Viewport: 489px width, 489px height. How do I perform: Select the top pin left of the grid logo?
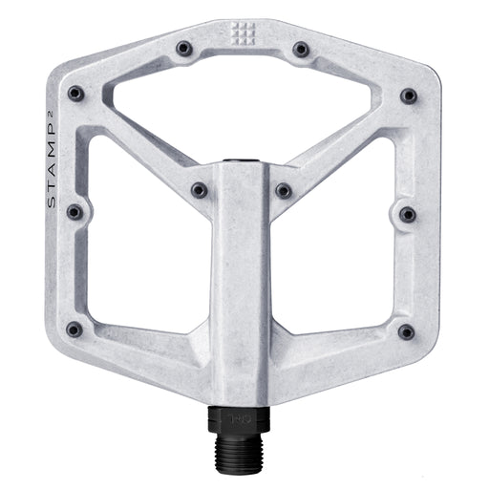[184, 48]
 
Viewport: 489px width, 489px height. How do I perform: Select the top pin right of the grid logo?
[301, 48]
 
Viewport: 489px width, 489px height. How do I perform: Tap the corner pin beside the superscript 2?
[75, 94]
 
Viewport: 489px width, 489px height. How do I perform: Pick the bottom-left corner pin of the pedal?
[74, 330]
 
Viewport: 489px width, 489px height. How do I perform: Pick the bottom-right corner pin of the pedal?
[406, 330]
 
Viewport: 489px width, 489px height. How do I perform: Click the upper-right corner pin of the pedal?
[408, 96]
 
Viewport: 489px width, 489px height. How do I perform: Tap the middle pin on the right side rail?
[407, 213]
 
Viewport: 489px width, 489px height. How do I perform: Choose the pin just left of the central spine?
[199, 190]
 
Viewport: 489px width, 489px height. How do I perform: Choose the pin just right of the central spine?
[284, 190]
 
